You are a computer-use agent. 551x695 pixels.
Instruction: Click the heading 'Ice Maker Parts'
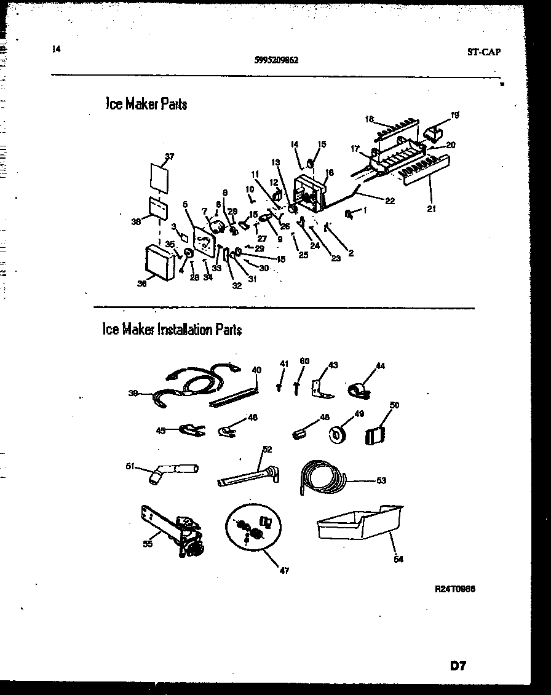point(146,104)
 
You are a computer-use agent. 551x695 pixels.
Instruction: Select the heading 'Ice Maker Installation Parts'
point(172,330)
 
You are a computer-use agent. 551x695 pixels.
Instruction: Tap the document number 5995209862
point(276,60)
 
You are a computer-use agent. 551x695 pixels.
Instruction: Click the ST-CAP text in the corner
point(483,52)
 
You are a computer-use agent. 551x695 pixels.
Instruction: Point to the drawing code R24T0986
point(454,589)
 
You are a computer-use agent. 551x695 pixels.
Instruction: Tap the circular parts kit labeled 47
point(253,529)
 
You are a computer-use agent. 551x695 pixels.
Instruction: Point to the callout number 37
point(170,157)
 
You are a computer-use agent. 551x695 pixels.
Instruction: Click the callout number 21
point(432,208)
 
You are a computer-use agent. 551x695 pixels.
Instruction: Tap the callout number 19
point(454,115)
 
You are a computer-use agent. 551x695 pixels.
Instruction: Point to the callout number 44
point(380,366)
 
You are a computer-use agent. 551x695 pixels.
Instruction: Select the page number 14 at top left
point(57,50)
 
